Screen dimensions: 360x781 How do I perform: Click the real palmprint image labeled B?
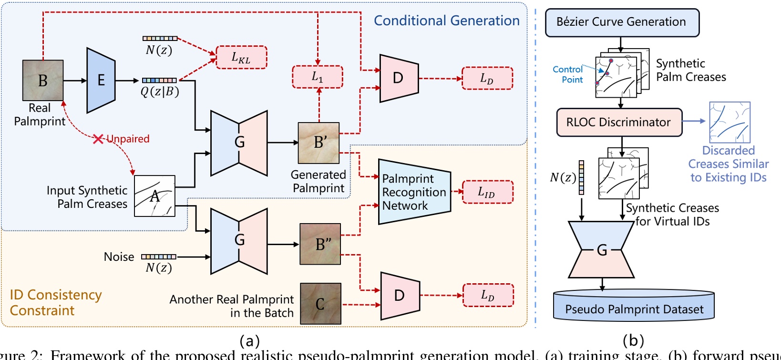coord(43,80)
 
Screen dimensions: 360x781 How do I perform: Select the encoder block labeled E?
coord(101,80)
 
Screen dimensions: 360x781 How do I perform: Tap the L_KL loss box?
coord(241,58)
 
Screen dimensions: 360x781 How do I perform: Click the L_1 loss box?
coord(317,77)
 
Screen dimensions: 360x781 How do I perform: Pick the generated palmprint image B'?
coord(319,143)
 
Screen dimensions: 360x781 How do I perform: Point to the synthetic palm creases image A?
coord(154,196)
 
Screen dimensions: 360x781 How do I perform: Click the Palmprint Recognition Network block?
coord(414,192)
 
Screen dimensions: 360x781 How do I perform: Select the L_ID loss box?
coord(487,192)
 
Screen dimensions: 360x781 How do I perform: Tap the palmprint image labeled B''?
coord(320,244)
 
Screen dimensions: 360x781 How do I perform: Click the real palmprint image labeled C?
coord(320,304)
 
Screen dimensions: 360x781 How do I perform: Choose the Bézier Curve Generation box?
coord(622,22)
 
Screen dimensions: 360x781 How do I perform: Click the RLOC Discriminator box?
coord(619,123)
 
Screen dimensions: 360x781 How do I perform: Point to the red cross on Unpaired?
coord(98,139)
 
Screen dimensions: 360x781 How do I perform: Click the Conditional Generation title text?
coord(446,21)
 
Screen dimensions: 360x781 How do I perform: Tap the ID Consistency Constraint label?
coord(55,302)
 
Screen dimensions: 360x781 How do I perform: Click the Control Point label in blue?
coord(568,74)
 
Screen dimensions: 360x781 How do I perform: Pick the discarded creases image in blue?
coord(730,123)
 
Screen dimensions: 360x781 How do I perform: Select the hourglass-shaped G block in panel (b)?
coord(601,249)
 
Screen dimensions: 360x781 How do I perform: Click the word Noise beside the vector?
coord(119,257)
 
